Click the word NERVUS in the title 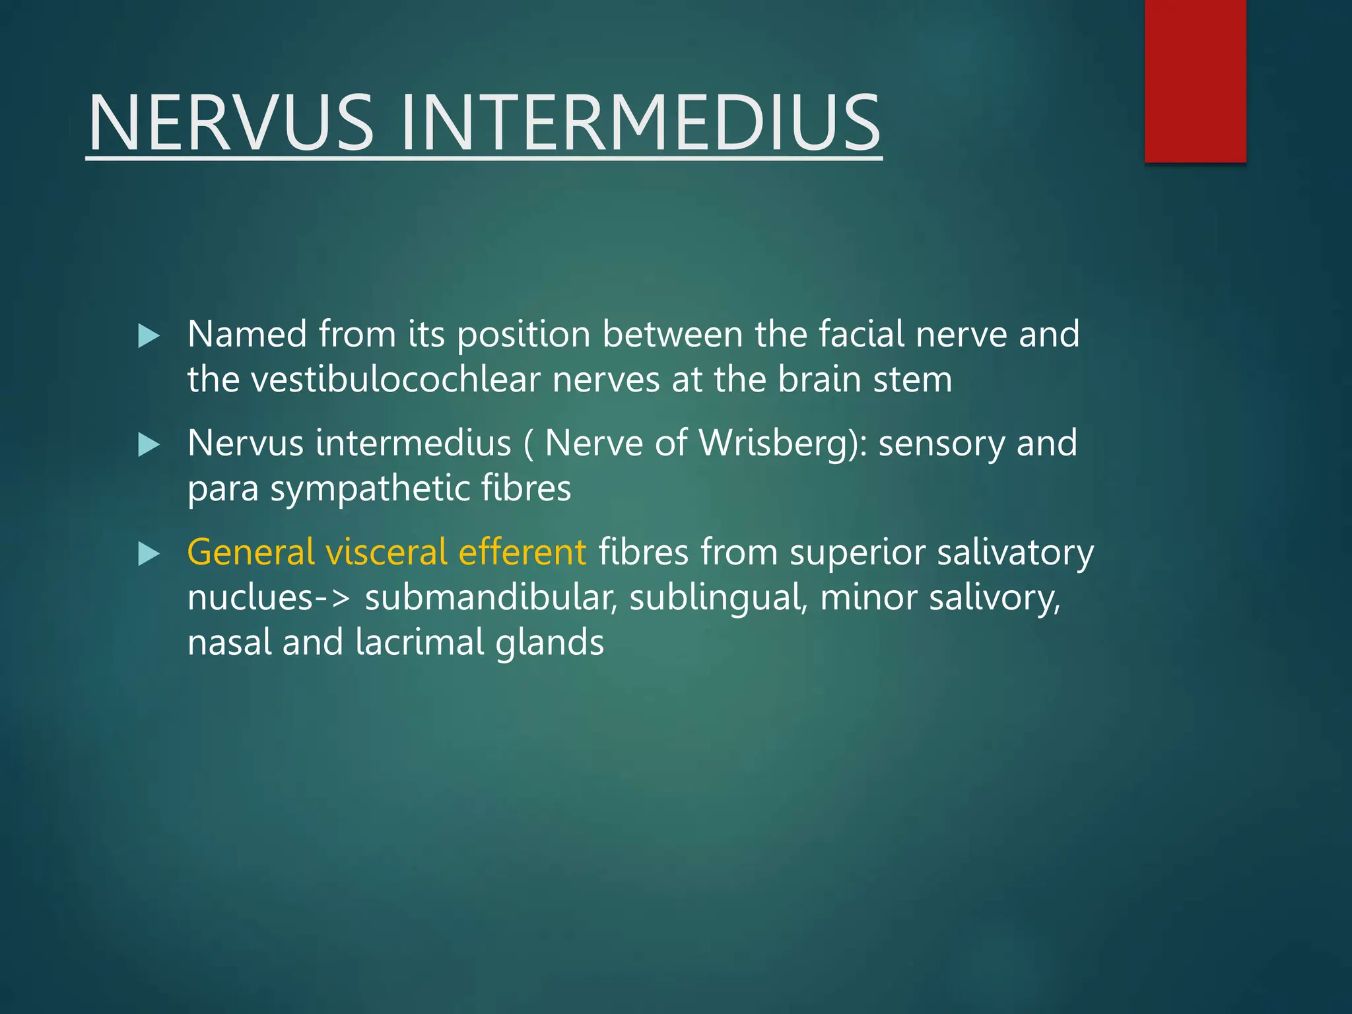[x=231, y=123]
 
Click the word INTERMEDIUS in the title [x=639, y=123]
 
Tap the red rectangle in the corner [x=1195, y=81]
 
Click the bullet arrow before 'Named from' [x=149, y=336]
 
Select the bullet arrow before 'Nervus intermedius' [x=149, y=445]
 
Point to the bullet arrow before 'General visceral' [x=149, y=554]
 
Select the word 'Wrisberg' [x=773, y=443]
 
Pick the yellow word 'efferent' [x=522, y=553]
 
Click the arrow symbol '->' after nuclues [x=332, y=598]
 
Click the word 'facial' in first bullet [x=862, y=335]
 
